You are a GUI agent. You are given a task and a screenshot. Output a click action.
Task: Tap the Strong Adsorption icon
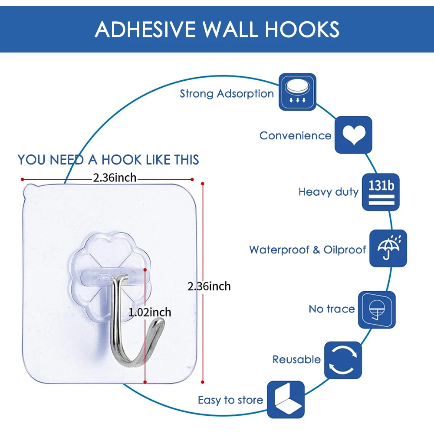point(297,92)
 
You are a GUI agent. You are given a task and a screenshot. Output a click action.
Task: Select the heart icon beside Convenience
point(353,135)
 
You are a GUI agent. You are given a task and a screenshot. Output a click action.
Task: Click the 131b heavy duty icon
point(381,192)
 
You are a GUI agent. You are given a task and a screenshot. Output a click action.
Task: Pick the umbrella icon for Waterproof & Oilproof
point(388,248)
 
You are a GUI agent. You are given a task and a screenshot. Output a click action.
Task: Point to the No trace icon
point(377,309)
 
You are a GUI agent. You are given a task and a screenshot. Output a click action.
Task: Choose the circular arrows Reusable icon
point(343,360)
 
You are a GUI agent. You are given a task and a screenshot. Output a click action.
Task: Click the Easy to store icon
point(286,400)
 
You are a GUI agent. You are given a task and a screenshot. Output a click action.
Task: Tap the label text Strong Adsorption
point(227,93)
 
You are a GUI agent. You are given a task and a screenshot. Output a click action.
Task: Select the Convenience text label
point(295,135)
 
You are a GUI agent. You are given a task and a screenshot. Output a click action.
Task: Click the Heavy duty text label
point(329,192)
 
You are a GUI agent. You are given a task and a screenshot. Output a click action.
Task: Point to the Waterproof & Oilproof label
point(307,250)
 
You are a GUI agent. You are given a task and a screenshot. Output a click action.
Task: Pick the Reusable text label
point(296,359)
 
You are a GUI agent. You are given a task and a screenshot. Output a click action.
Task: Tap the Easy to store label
point(230,400)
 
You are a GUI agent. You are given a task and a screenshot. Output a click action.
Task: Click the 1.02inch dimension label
point(150,312)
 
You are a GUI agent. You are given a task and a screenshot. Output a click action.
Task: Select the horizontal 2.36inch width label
point(115,178)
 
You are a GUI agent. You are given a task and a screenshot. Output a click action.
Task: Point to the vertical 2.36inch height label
point(209,286)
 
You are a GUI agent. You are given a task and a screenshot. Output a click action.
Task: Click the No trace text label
point(332,309)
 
